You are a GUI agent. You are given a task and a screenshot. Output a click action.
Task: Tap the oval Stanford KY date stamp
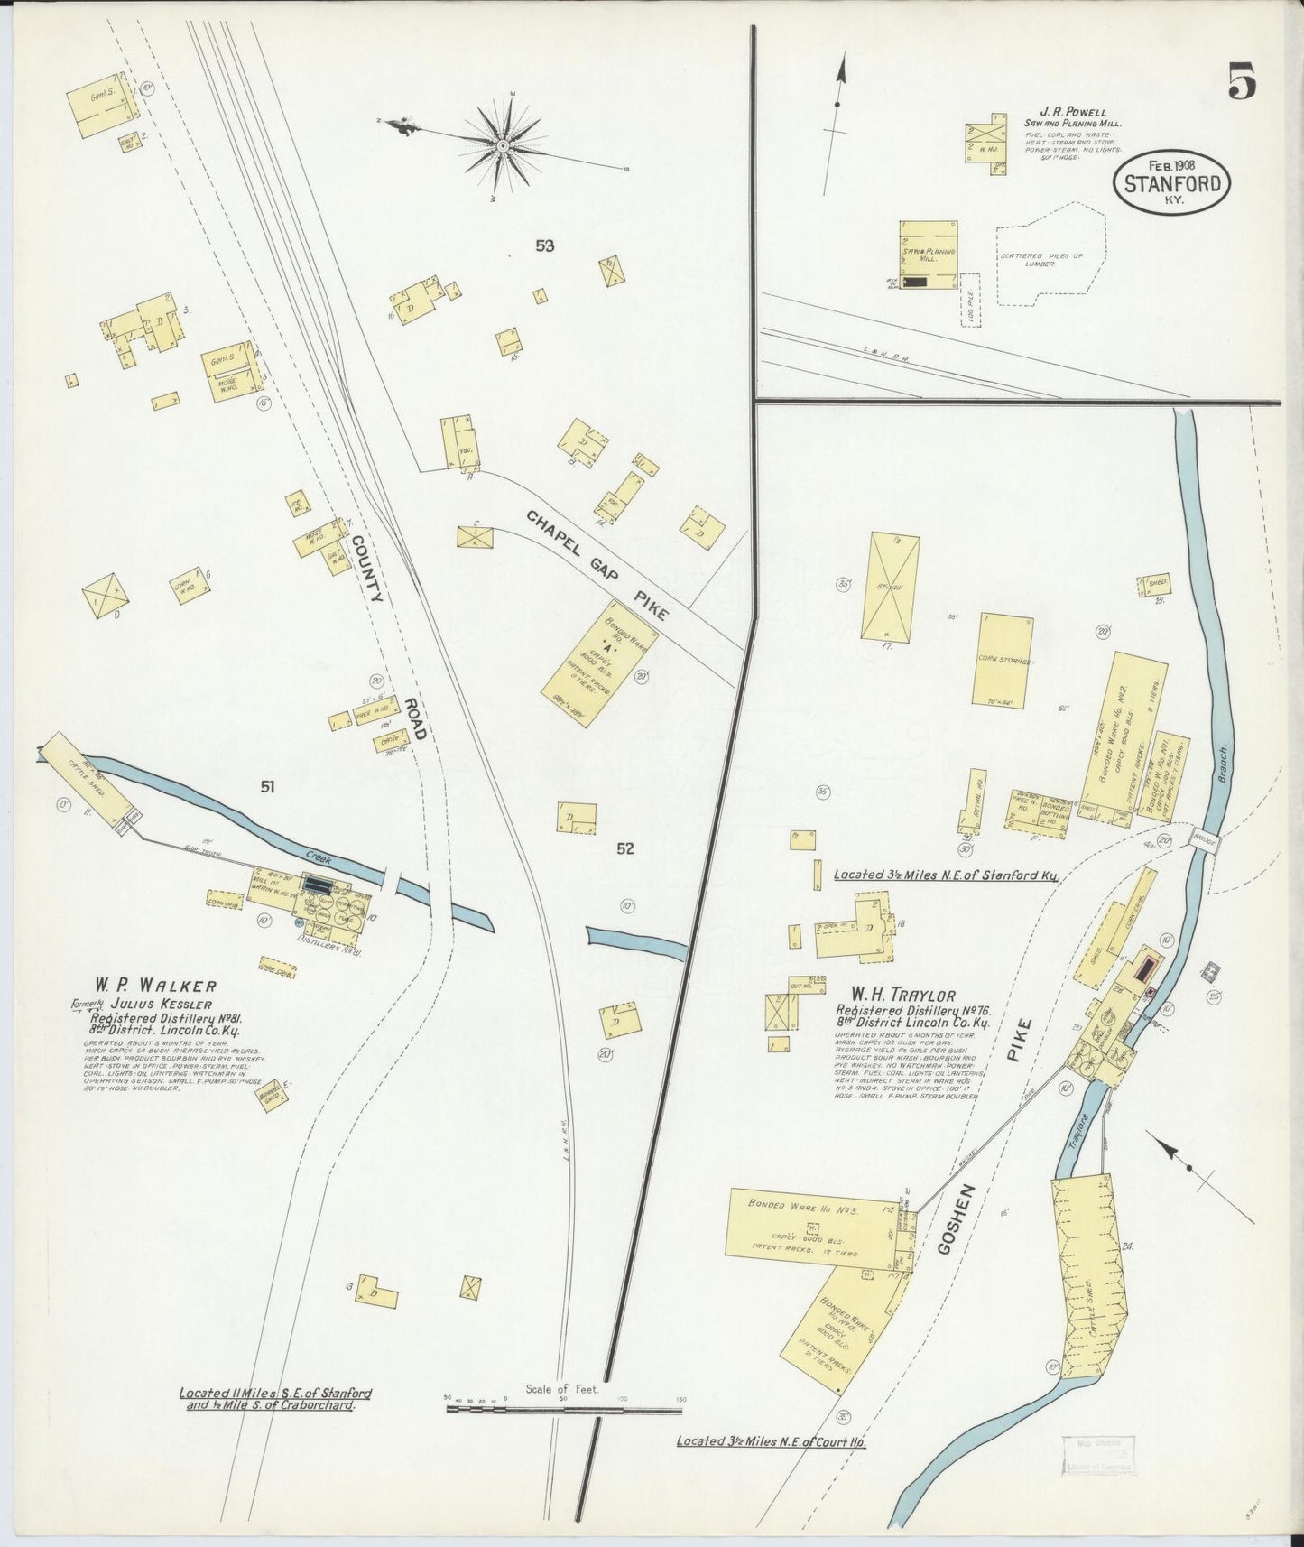pyautogui.click(x=1172, y=183)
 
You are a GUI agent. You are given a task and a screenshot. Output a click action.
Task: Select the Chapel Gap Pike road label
pyautogui.click(x=597, y=565)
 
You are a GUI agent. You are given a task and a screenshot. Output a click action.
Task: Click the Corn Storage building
pyautogui.click(x=1002, y=660)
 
